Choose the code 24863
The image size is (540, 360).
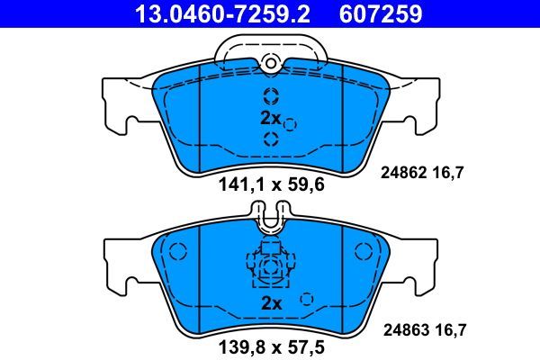(404, 330)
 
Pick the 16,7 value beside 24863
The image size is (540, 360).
(450, 330)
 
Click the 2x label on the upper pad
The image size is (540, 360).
(270, 118)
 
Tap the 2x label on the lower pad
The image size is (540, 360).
(270, 304)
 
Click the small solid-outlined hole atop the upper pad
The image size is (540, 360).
(271, 61)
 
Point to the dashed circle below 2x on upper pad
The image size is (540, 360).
(271, 138)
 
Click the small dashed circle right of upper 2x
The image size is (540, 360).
(290, 125)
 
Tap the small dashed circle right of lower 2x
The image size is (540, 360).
(306, 299)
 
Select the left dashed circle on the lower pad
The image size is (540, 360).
(176, 251)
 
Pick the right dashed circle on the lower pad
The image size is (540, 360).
(364, 251)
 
